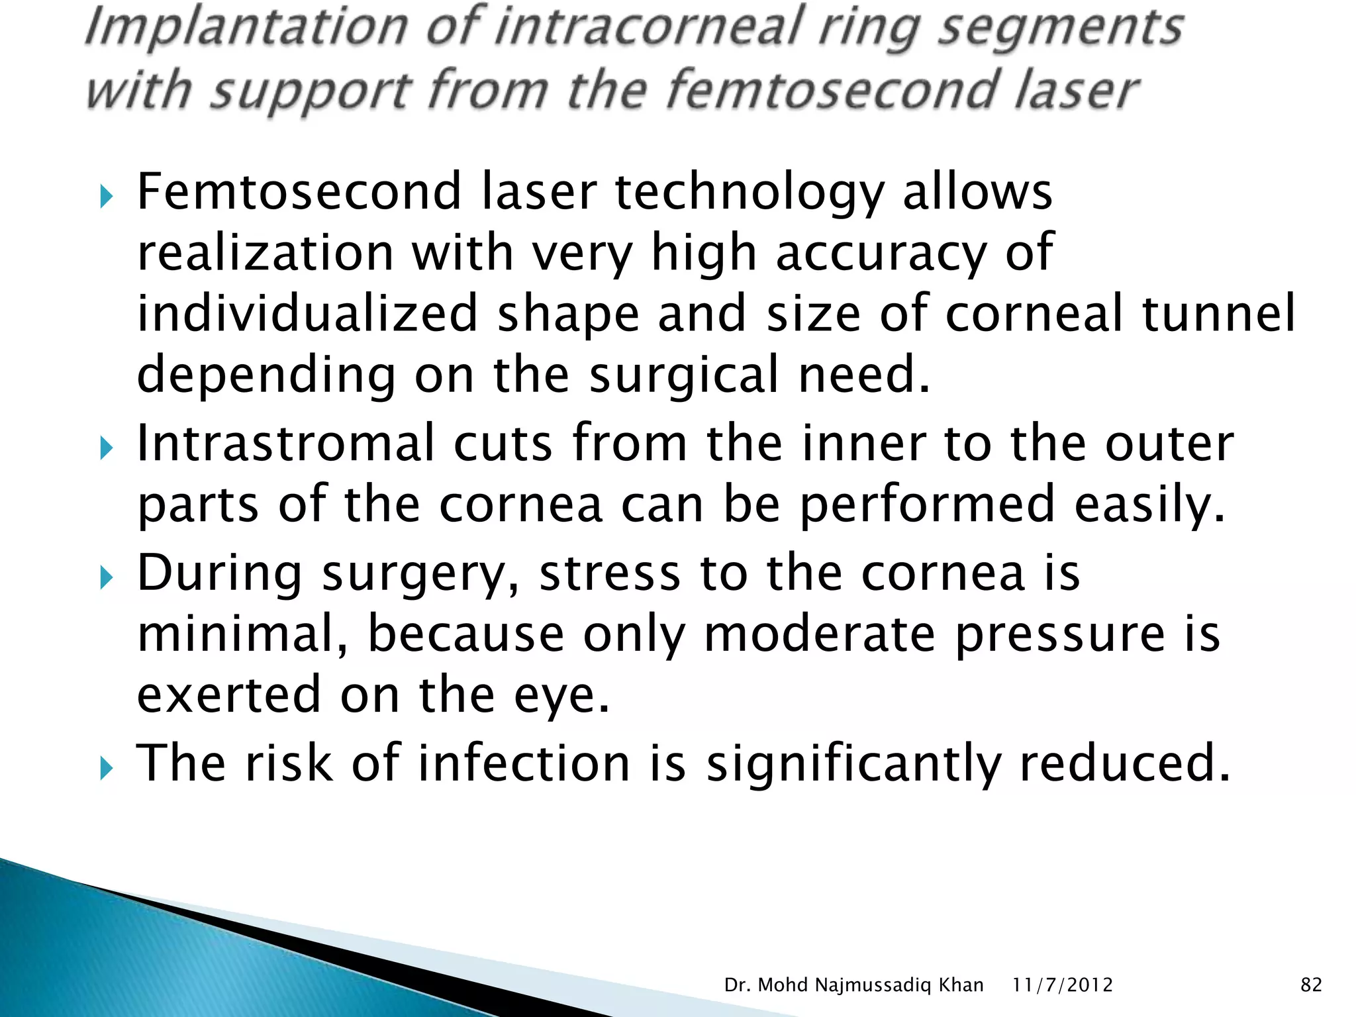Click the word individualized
coord(307,313)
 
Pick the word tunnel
coord(1218,313)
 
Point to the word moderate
coord(820,634)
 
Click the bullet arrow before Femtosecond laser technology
coord(106,197)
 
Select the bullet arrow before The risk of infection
coord(106,769)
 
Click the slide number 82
coord(1311,985)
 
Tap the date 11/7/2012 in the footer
coord(1062,985)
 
